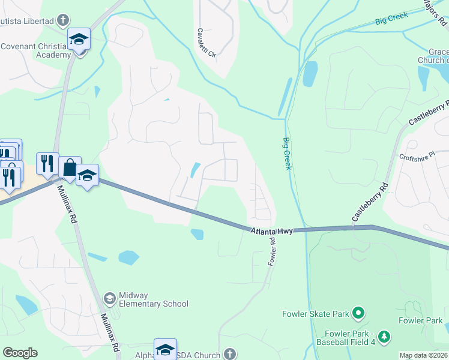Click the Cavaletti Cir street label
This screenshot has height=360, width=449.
[x=207, y=43]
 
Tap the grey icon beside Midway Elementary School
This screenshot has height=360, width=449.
[x=109, y=298]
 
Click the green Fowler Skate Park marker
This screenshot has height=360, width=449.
[x=358, y=313]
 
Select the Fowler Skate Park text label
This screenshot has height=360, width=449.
[x=316, y=314]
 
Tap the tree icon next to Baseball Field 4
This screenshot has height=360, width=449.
[x=385, y=337]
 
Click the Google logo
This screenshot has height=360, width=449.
[x=20, y=353]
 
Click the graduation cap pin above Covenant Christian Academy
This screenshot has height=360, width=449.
[x=79, y=39]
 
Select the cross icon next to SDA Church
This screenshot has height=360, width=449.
[x=229, y=354]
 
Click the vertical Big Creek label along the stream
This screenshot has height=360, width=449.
[x=287, y=153]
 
